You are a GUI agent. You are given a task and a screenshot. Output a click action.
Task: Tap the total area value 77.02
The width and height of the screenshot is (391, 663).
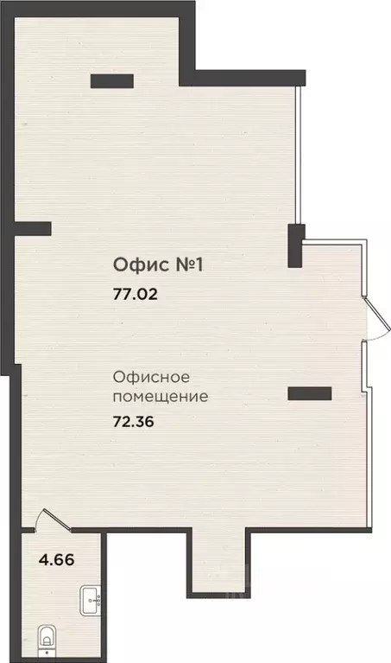coord(136,293)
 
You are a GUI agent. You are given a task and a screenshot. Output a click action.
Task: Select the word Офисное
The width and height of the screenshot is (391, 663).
coord(151,378)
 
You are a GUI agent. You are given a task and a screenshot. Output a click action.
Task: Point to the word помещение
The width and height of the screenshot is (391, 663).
coord(160,398)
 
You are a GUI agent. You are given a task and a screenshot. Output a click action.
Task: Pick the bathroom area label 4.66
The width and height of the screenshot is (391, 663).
coord(57,558)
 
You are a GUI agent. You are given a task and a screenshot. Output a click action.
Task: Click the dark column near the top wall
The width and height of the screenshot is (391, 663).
coord(111,82)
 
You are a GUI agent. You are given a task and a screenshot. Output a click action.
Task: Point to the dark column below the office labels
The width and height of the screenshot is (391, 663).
coord(309,394)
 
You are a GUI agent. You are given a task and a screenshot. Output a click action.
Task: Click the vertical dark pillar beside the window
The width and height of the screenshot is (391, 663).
coord(295,245)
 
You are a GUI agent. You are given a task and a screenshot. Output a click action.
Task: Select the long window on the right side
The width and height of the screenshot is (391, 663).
coord(298,156)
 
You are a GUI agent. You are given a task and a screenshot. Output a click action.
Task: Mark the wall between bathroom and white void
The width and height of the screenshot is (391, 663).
coord(104,596)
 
